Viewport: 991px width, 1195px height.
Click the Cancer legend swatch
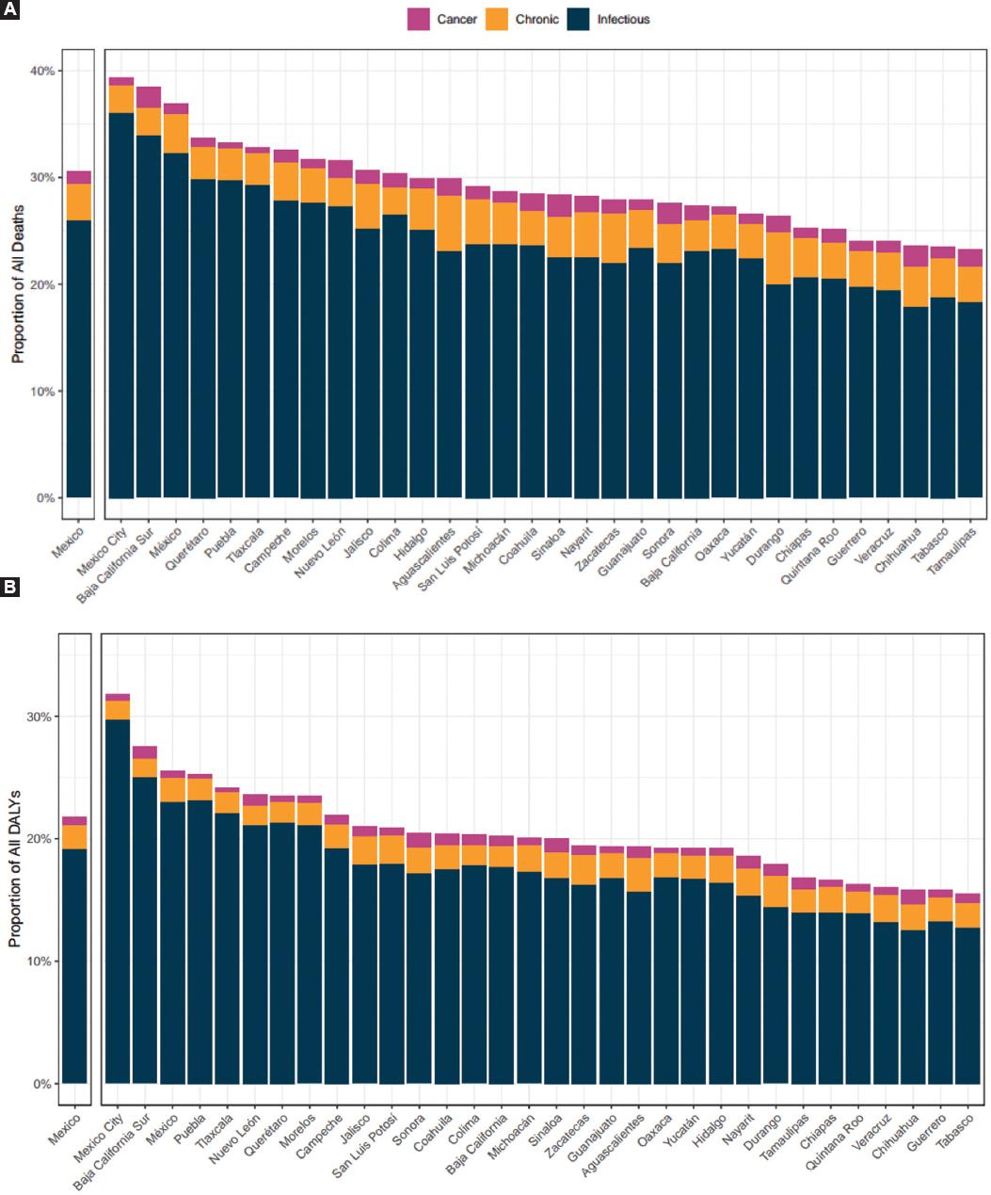pyautogui.click(x=418, y=19)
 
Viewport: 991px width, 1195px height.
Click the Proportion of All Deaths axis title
pyautogui.click(x=17, y=283)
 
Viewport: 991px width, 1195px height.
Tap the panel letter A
pyautogui.click(x=8, y=8)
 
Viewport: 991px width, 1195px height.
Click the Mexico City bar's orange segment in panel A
pyautogui.click(x=121, y=99)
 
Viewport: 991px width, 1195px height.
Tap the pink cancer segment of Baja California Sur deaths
pyautogui.click(x=149, y=97)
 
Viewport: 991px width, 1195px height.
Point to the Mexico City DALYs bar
pyautogui.click(x=118, y=904)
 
